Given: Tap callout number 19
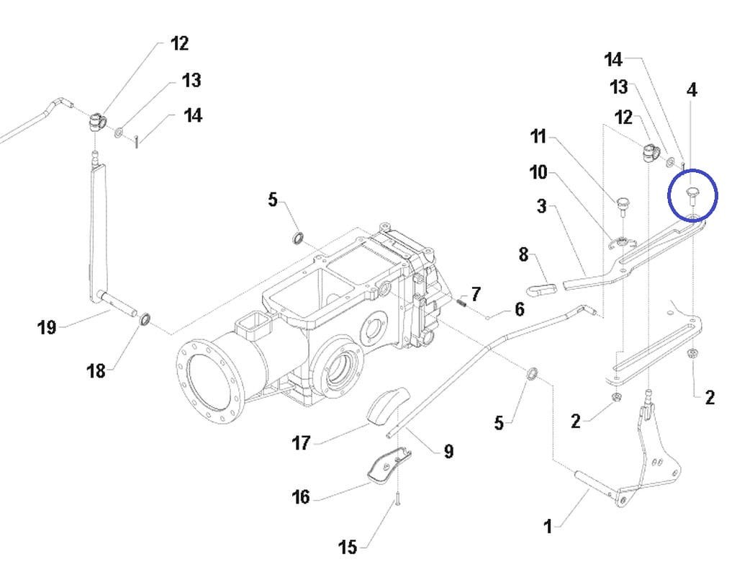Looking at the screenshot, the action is tap(47, 326).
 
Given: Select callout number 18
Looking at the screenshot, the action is tap(96, 371).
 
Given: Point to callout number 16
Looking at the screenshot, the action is tap(301, 496).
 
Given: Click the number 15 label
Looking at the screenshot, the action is tap(348, 547).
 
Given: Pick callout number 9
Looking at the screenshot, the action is tap(449, 451).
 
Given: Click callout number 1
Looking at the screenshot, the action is tap(548, 526).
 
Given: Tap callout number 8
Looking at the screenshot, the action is tap(524, 254).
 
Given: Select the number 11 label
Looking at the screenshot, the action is tap(538, 136).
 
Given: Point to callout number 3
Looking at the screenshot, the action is tap(542, 206).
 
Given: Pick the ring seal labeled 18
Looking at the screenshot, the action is tap(145, 319).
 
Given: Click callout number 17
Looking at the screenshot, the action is tap(301, 442).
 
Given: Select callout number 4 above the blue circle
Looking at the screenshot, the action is tap(692, 89).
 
